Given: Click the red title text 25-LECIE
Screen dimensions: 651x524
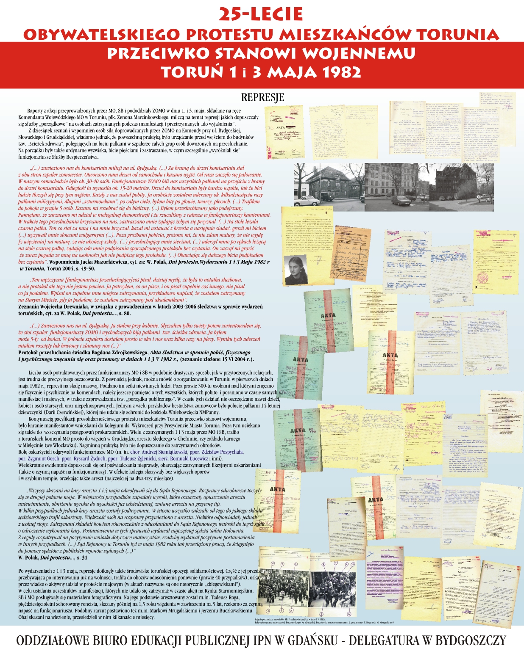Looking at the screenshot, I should pos(261,14).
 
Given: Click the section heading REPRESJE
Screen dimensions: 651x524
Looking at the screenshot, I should pos(262,97).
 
